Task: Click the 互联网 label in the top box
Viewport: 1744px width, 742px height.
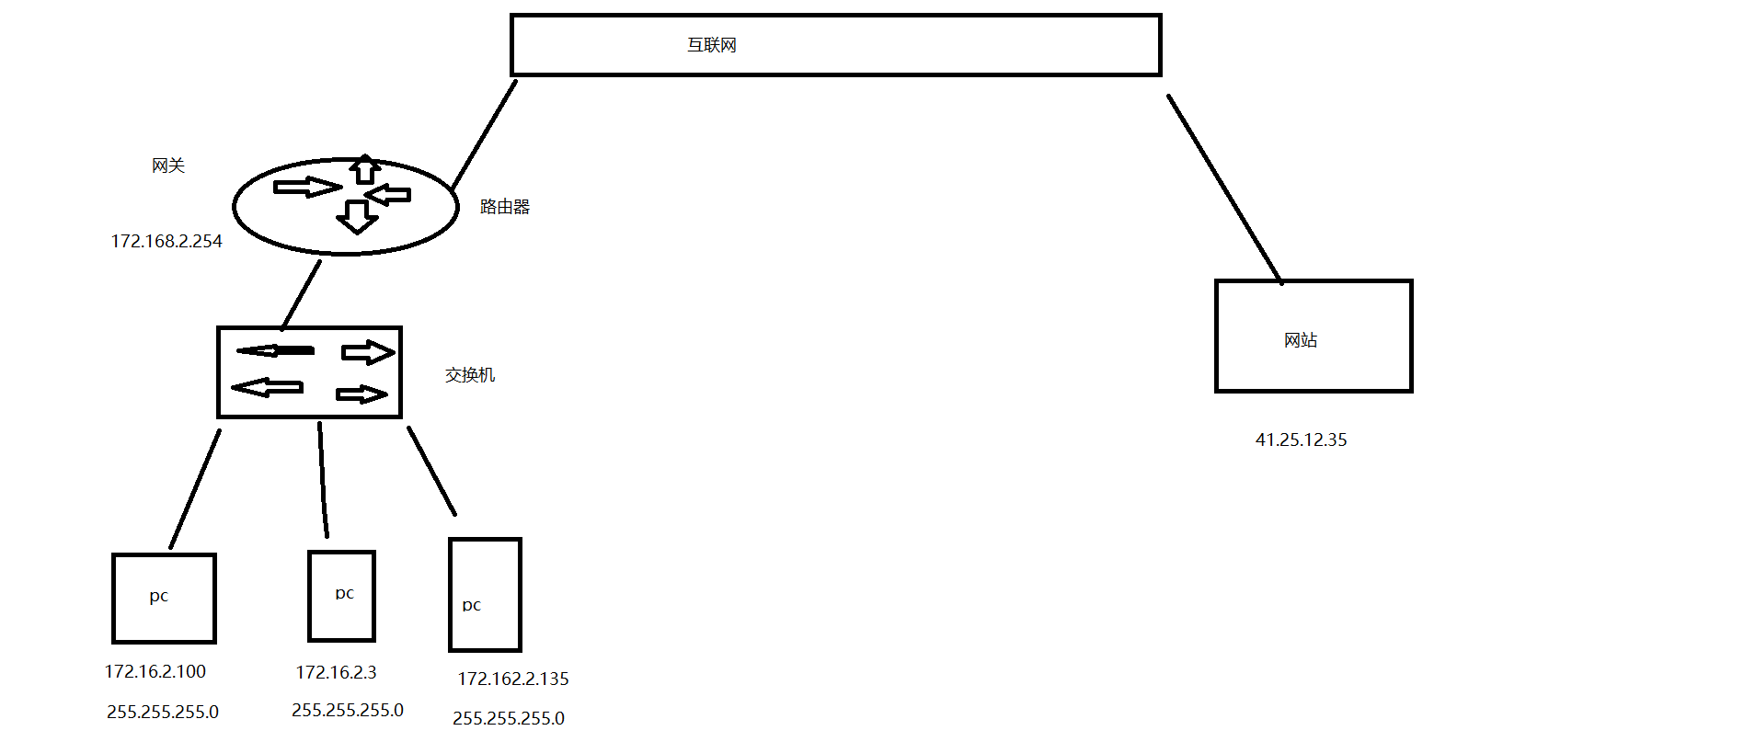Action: pyautogui.click(x=712, y=45)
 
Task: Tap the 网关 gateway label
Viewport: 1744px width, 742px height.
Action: pyautogui.click(x=168, y=166)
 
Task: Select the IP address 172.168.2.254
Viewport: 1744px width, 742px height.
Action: pyautogui.click(x=166, y=241)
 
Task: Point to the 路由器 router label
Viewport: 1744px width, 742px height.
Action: pyautogui.click(x=505, y=207)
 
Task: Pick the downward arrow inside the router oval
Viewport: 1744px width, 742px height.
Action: pyautogui.click(x=357, y=217)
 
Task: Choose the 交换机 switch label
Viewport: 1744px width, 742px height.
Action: pyautogui.click(x=470, y=375)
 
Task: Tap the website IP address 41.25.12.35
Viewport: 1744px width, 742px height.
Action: pyautogui.click(x=1301, y=439)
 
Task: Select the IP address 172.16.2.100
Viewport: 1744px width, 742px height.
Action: pyautogui.click(x=155, y=671)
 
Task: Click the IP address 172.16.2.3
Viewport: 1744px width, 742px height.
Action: pyautogui.click(x=336, y=672)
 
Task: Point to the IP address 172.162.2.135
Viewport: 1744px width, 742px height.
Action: pyautogui.click(x=513, y=679)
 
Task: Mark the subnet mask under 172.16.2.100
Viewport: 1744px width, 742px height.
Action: pyautogui.click(x=163, y=712)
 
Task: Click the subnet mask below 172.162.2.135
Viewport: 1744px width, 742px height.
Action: pyautogui.click(x=509, y=718)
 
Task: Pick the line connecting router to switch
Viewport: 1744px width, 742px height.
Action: pyautogui.click(x=301, y=295)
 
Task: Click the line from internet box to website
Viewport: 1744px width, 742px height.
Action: pyautogui.click(x=1223, y=188)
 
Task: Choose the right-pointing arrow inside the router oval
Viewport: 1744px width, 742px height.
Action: pyautogui.click(x=307, y=188)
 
